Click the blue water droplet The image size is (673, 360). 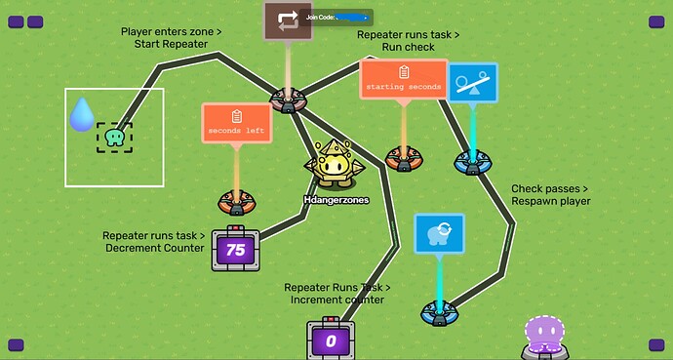(82, 115)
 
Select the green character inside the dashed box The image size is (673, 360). (114, 139)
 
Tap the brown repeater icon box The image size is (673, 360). (288, 20)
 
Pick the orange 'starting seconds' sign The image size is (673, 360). (404, 79)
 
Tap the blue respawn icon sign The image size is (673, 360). (438, 235)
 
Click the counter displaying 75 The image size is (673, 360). (235, 249)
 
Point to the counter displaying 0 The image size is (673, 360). (331, 340)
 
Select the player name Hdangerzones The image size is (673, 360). (336, 200)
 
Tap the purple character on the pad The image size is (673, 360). (542, 334)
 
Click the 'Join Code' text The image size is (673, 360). (322, 17)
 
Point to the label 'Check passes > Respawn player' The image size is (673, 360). (550, 195)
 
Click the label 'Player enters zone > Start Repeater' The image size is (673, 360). (171, 38)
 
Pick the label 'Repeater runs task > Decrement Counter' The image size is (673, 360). (154, 241)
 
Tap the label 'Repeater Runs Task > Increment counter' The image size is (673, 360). (337, 294)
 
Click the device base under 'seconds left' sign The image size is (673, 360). (236, 202)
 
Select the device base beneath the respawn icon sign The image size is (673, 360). (438, 312)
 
